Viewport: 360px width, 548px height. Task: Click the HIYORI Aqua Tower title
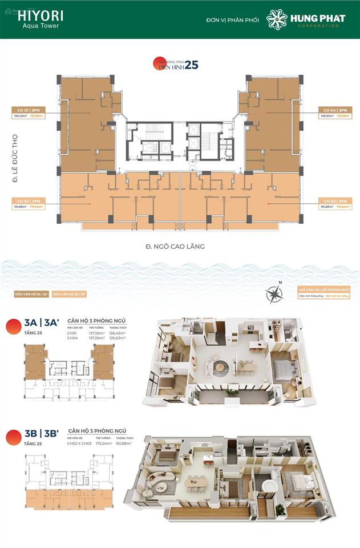[40, 19]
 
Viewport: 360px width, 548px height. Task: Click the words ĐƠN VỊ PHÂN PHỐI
[232, 21]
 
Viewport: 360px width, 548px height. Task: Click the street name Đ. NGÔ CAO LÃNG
[175, 247]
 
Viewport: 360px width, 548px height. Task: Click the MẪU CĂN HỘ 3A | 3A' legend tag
[32, 295]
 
